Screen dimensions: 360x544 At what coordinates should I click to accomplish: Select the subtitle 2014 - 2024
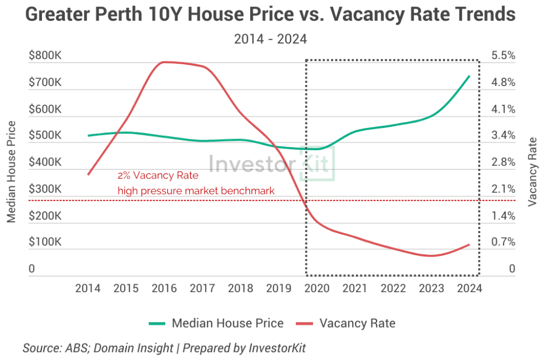[x=271, y=39]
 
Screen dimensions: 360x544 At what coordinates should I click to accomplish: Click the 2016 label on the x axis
[x=164, y=288]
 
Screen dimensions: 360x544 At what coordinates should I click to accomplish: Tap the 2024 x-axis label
[x=469, y=288]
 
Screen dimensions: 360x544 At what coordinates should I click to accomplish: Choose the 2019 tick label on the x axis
[x=278, y=288]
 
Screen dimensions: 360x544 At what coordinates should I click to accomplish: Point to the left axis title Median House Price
[x=11, y=172]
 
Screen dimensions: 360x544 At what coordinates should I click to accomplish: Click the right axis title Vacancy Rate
[x=532, y=171]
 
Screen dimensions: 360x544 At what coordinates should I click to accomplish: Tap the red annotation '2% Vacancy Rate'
[x=157, y=176]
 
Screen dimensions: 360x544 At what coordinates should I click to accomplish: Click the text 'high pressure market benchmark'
[x=195, y=190]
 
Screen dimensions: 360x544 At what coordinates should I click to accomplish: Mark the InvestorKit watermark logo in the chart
[x=271, y=164]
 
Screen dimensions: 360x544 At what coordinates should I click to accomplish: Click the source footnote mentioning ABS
[x=164, y=348]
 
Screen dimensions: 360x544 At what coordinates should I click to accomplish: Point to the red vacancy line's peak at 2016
[x=164, y=62]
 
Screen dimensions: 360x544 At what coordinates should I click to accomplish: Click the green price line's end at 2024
[x=469, y=76]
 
